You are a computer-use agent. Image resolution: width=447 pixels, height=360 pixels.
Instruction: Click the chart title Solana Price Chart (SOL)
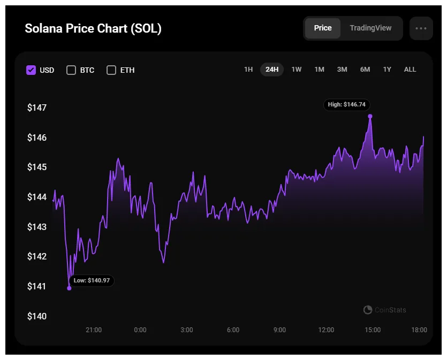93,28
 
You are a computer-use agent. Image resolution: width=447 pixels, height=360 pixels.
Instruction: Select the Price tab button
322,28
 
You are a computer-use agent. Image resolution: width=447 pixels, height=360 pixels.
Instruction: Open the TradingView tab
370,28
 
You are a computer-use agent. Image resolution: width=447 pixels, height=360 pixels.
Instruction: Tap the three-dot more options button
421,28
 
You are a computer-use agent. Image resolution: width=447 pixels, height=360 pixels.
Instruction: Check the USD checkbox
31,70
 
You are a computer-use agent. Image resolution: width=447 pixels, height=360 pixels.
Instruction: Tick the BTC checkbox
71,70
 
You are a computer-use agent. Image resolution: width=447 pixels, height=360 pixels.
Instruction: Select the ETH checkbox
111,70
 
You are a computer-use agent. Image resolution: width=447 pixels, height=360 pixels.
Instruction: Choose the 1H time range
248,70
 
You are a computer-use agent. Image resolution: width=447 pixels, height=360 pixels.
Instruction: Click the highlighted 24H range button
272,70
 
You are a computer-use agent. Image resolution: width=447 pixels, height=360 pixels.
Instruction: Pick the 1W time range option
296,70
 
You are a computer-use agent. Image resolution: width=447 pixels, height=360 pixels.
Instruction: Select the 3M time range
342,70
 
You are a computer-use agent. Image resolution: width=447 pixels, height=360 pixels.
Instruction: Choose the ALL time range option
410,70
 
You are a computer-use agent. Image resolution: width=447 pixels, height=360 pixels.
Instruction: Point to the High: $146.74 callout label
347,105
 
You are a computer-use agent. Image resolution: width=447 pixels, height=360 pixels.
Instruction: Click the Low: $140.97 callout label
92,280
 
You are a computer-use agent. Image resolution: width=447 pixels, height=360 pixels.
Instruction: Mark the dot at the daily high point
370,116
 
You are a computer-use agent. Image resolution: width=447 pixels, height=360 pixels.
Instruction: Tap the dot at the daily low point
69,288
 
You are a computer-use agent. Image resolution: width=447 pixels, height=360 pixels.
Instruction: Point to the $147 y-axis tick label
37,108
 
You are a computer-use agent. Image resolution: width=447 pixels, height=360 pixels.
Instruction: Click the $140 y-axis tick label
37,316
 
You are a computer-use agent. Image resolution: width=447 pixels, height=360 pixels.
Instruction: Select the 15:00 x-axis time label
373,330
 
